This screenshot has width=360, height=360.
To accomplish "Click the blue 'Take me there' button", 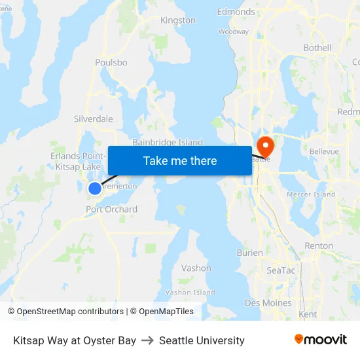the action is point(180,160).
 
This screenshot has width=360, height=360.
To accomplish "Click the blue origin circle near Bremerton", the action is point(95,189).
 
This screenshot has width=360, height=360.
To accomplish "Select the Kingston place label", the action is point(178,20).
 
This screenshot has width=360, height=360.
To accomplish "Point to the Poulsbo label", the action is point(111,62).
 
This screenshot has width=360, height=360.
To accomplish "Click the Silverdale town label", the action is point(93,119).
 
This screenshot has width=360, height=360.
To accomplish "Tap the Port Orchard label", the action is point(112,209).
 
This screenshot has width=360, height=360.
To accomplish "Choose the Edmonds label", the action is point(236,12).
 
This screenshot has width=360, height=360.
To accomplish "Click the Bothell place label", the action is point(317,48).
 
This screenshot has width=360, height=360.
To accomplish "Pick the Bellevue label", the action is point(324,151).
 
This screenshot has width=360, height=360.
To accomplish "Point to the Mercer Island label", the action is point(311,194).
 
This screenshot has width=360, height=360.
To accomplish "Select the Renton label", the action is point(319,246).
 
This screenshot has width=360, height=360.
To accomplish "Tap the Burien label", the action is point(249,253).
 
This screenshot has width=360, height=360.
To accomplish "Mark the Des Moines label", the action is point(268,302).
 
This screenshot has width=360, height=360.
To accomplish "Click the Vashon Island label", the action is point(190,293).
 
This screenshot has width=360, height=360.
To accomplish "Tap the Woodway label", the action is point(234,31).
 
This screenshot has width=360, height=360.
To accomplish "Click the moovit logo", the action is point(321,340).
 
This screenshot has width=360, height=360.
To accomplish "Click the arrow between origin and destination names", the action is point(147,340).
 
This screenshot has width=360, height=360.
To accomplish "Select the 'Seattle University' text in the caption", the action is point(202,340).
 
